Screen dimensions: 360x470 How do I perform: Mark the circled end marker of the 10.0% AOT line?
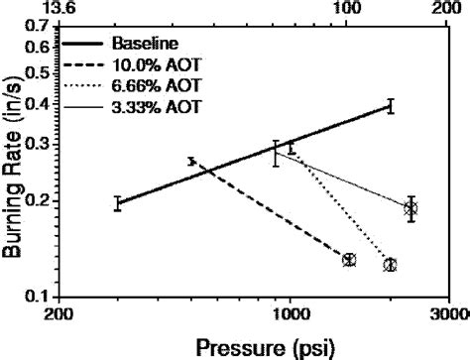(x=349, y=260)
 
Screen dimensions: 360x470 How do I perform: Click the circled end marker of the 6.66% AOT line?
(x=391, y=265)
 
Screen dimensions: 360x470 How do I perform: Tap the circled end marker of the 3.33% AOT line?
(x=411, y=208)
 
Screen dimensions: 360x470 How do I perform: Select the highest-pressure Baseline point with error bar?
(x=391, y=106)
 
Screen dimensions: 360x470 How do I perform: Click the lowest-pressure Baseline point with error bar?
(x=118, y=203)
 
